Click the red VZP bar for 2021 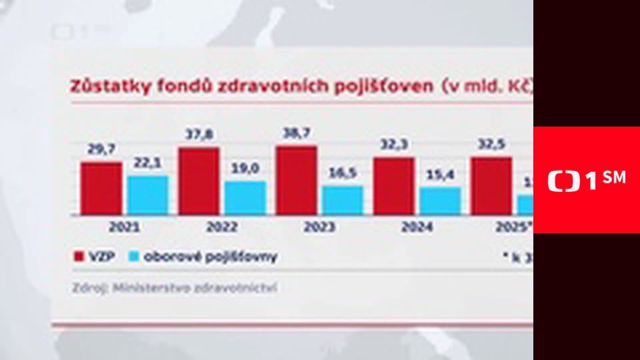click(x=101, y=188)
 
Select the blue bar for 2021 click(x=147, y=195)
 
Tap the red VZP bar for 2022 click(x=199, y=181)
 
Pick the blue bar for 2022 click(x=245, y=198)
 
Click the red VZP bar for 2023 click(x=296, y=180)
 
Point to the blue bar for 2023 click(x=342, y=200)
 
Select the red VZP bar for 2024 click(x=393, y=186)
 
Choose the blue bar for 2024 click(x=439, y=201)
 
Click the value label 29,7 click(x=101, y=151)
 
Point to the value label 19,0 click(x=245, y=169)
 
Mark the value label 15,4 click(x=440, y=175)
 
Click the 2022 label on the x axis click(x=221, y=227)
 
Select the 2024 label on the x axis click(x=416, y=227)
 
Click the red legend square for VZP click(x=77, y=257)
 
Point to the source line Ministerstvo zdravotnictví click(x=194, y=288)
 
